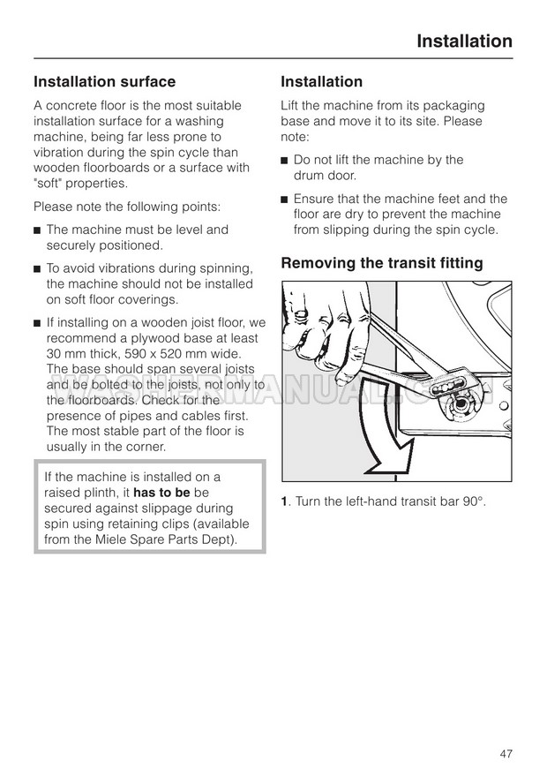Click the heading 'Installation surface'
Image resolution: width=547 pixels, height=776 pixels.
click(104, 82)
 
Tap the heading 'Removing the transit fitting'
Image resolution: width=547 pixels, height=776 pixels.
click(381, 262)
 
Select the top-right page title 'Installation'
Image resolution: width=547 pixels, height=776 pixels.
click(463, 41)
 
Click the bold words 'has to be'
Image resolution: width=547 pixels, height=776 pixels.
click(161, 493)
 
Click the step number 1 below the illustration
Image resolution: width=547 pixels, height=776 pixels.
click(284, 502)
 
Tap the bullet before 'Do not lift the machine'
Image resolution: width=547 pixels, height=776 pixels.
click(285, 161)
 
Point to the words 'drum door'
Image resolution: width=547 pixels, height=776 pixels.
click(324, 176)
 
